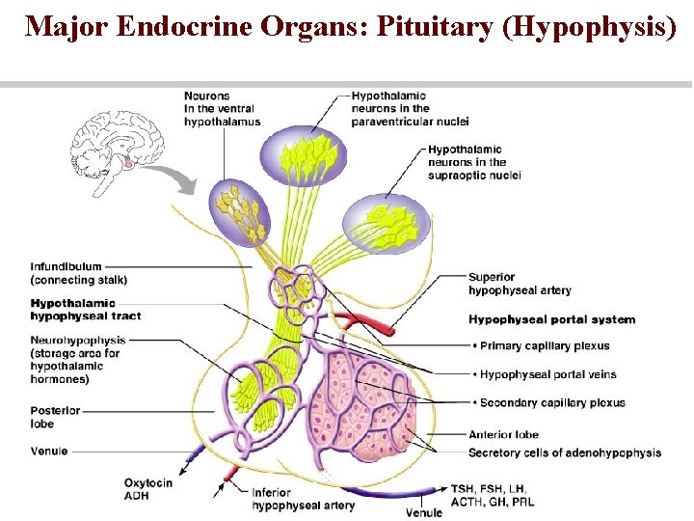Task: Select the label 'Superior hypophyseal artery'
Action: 520,284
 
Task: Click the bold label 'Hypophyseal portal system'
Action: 551,319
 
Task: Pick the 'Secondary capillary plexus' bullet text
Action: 550,402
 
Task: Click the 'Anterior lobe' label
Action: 503,434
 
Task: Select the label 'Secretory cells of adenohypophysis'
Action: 564,452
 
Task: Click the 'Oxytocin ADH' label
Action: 147,488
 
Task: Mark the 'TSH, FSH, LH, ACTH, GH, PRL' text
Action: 492,495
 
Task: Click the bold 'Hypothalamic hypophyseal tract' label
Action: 86,310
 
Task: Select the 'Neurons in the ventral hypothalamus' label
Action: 222,109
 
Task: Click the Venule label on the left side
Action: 49,451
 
